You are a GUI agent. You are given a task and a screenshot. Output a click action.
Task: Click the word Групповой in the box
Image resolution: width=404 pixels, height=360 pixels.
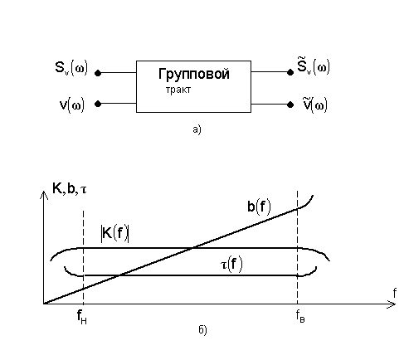tap(194, 75)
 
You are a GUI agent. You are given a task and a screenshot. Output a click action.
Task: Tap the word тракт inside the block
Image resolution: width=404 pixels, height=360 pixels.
tap(178, 90)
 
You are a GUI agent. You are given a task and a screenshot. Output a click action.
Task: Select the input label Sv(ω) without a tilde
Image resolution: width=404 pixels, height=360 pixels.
tap(71, 68)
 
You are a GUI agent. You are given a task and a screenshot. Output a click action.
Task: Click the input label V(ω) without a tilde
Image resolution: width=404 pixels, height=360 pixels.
tap(72, 105)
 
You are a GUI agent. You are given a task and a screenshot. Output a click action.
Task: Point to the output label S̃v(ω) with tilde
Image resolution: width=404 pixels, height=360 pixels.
tap(314, 66)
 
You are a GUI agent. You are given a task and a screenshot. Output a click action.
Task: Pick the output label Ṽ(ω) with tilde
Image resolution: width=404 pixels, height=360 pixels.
tap(315, 105)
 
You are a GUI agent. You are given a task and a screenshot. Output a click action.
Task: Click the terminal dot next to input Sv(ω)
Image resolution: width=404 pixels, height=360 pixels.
tap(98, 73)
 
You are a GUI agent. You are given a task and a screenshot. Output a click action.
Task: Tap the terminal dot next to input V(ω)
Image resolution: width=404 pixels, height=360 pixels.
tap(98, 104)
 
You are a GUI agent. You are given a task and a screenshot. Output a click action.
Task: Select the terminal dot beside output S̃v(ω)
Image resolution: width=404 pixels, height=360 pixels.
tap(290, 72)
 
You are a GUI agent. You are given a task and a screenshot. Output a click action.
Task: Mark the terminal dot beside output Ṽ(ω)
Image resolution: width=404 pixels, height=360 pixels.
tap(290, 105)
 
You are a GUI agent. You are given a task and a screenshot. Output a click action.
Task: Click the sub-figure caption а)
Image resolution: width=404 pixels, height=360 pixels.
tap(197, 129)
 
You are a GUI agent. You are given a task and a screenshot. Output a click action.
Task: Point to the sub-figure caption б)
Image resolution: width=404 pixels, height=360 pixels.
tap(202, 329)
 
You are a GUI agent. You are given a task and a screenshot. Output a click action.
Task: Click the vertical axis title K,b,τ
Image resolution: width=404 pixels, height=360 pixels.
tap(70, 189)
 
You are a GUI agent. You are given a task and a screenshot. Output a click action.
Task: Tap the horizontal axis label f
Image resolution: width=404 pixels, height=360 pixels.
tap(395, 293)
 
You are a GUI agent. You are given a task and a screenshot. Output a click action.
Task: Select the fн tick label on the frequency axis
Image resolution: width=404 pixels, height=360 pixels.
tap(82, 317)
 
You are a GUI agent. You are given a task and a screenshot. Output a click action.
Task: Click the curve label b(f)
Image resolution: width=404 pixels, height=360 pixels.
tap(259, 207)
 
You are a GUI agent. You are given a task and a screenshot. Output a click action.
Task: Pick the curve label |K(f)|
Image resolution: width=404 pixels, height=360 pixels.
tap(114, 234)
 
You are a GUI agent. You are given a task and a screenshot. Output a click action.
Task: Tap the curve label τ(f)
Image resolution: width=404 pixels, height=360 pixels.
tap(231, 265)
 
